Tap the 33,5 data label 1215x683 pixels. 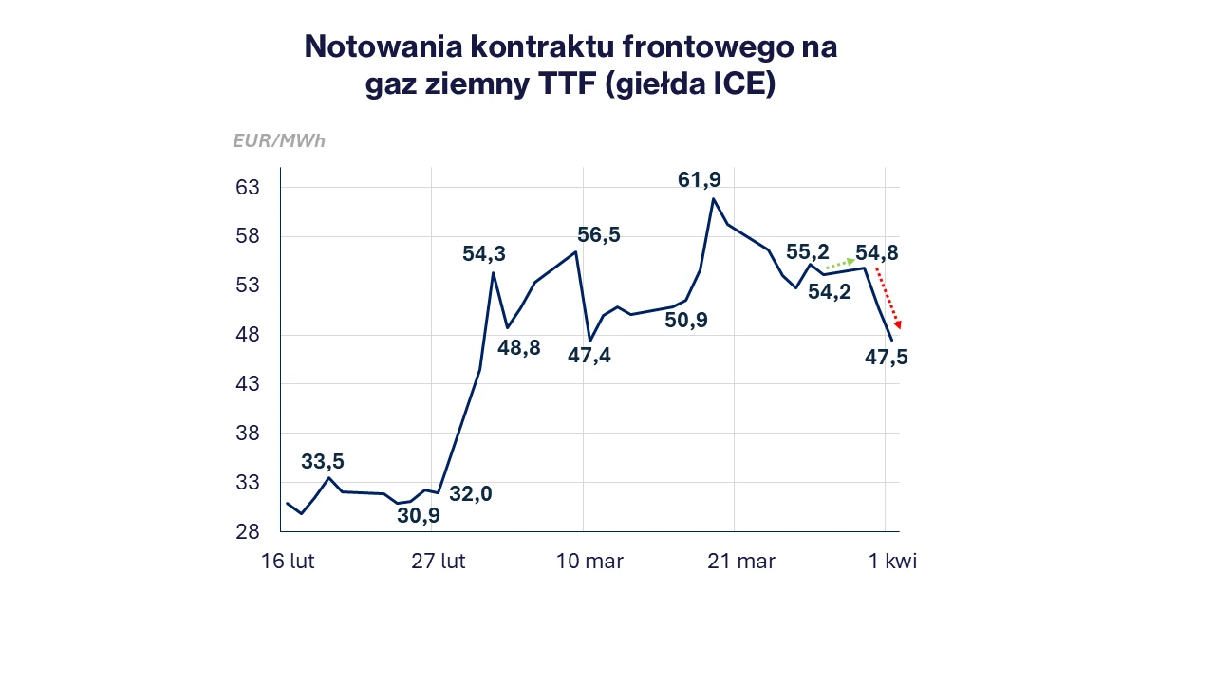coord(323,462)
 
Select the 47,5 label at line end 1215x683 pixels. coord(887,358)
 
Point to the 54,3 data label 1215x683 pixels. coord(484,254)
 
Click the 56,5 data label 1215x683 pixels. coord(599,235)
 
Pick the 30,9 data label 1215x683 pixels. coord(419,515)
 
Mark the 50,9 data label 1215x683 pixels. coord(686,321)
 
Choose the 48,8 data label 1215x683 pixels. coord(519,347)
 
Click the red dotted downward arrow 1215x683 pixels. coord(887,298)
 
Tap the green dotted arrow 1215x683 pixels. coord(839,263)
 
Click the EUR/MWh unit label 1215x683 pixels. coord(279,141)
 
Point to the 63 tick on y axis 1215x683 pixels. coord(248,188)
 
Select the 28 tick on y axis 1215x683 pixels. coord(248,532)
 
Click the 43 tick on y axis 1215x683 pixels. coord(248,384)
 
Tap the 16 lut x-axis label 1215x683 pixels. coord(289,562)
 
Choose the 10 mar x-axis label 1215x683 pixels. coord(589,562)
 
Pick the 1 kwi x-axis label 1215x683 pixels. coord(892,562)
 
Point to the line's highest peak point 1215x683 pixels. coord(713,198)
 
